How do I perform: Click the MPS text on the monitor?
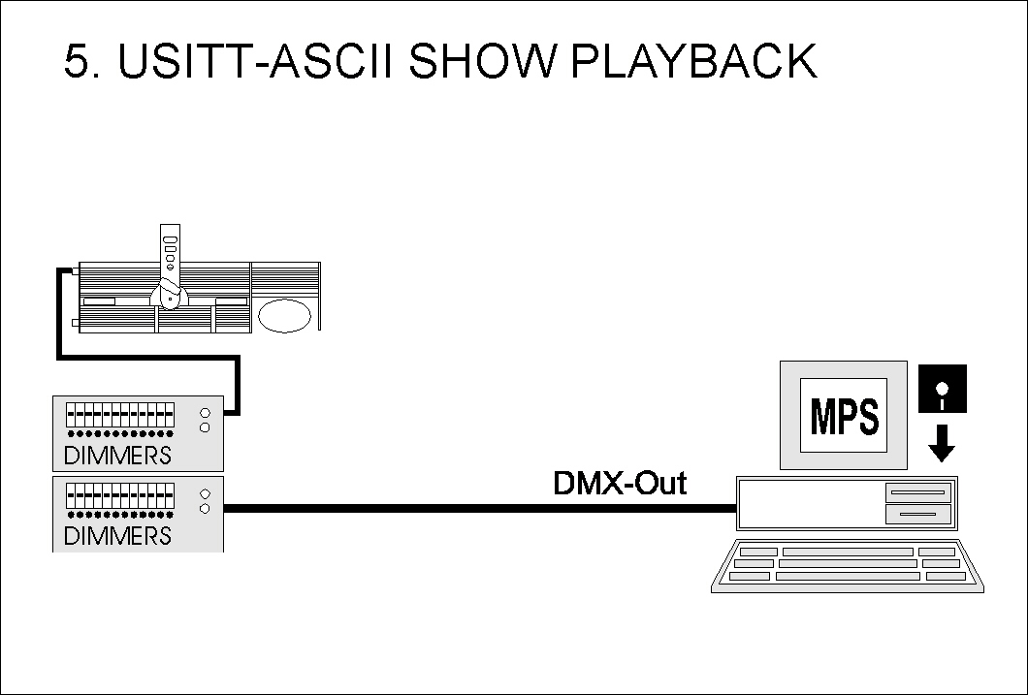pyautogui.click(x=844, y=417)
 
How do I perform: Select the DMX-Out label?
pyautogui.click(x=619, y=483)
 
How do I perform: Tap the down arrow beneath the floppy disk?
pyautogui.click(x=941, y=444)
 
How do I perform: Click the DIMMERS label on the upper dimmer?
pyautogui.click(x=117, y=455)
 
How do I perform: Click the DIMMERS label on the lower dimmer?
pyautogui.click(x=117, y=535)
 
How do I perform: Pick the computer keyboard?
pyautogui.click(x=847, y=566)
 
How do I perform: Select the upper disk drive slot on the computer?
pyautogui.click(x=916, y=493)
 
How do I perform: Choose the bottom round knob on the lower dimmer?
pyautogui.click(x=205, y=508)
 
